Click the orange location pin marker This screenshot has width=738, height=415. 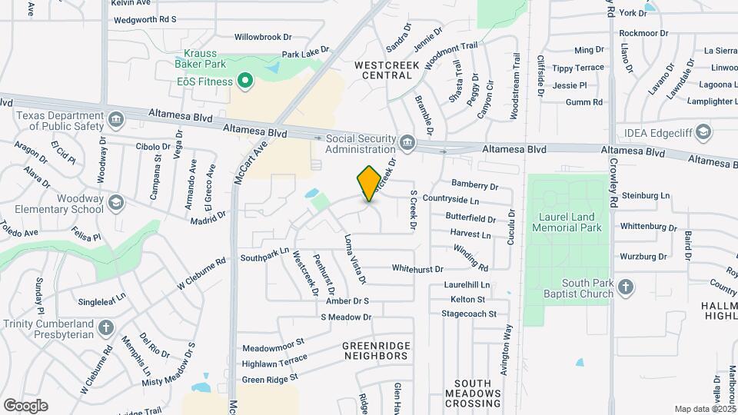(x=369, y=183)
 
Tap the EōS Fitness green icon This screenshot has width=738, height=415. (x=245, y=80)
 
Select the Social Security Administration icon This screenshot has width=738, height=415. (x=407, y=142)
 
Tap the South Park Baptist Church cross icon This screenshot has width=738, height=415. (x=626, y=288)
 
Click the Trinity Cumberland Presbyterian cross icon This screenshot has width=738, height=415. (x=106, y=328)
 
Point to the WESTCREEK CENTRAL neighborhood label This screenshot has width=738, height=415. (x=387, y=71)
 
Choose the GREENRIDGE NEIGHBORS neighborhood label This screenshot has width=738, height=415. (x=377, y=351)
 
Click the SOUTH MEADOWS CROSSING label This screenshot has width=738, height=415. (x=477, y=393)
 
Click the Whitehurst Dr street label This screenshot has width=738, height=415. (x=417, y=269)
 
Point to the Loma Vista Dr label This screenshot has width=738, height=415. (x=354, y=258)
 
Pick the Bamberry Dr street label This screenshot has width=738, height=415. (x=475, y=186)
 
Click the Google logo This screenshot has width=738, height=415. (x=25, y=406)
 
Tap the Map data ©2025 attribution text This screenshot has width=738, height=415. (x=704, y=409)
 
